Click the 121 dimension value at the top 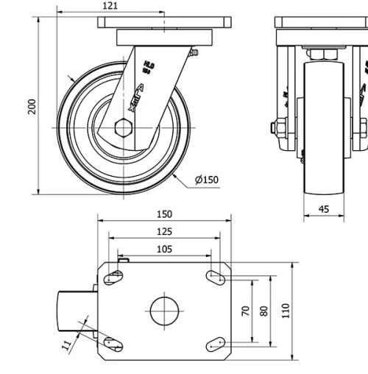click(110, 6)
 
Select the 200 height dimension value click(31, 107)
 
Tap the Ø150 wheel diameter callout click(207, 179)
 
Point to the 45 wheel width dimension click(324, 209)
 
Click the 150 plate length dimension click(164, 214)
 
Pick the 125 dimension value click(164, 232)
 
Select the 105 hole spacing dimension click(164, 250)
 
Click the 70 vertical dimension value click(246, 311)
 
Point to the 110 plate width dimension click(285, 311)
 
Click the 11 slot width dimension click(67, 342)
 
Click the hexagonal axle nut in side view click(124, 128)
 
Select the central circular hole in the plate click(165, 311)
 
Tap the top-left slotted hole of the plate click(114, 278)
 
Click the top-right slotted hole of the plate click(216, 278)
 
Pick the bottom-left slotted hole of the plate click(113, 343)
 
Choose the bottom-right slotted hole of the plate click(216, 343)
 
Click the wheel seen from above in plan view click(77, 311)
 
